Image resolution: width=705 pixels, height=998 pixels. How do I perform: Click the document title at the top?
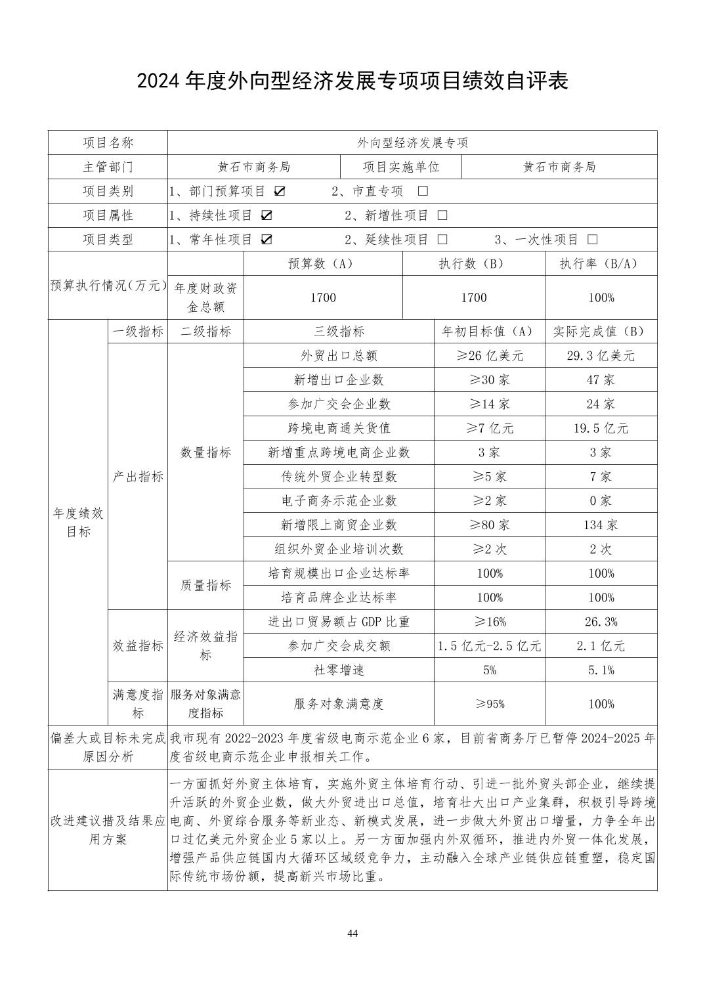(x=352, y=81)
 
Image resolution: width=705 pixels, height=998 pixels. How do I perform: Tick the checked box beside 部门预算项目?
(x=280, y=191)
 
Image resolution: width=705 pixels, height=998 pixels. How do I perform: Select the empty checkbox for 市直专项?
(x=423, y=191)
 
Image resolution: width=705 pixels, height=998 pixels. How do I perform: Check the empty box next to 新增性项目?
(x=442, y=215)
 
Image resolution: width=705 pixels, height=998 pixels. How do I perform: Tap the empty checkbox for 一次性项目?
(x=593, y=240)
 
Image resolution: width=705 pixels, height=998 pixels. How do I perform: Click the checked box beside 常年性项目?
(x=266, y=240)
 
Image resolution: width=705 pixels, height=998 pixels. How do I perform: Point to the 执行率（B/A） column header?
(x=601, y=264)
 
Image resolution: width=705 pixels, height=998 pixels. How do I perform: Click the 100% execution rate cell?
(x=601, y=297)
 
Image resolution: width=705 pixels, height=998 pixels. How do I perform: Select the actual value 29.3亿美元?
(x=601, y=356)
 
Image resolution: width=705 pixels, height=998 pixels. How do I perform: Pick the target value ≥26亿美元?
(x=489, y=356)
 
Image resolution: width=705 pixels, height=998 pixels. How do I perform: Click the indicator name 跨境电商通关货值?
(x=339, y=428)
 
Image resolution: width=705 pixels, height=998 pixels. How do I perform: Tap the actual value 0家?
(x=601, y=500)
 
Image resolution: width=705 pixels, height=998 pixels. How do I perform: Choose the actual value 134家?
(x=601, y=525)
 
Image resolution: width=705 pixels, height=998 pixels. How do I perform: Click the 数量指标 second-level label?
(x=205, y=452)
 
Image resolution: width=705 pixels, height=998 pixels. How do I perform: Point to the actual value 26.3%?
(x=601, y=622)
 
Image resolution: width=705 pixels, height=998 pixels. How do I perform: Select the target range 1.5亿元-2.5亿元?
(x=489, y=646)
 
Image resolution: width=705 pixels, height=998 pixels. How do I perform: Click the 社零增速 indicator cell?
(x=339, y=670)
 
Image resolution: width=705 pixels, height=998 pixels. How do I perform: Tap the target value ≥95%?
(x=489, y=704)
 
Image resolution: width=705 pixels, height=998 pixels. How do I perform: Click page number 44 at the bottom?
(x=352, y=934)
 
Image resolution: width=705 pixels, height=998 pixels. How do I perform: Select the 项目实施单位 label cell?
(x=401, y=167)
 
